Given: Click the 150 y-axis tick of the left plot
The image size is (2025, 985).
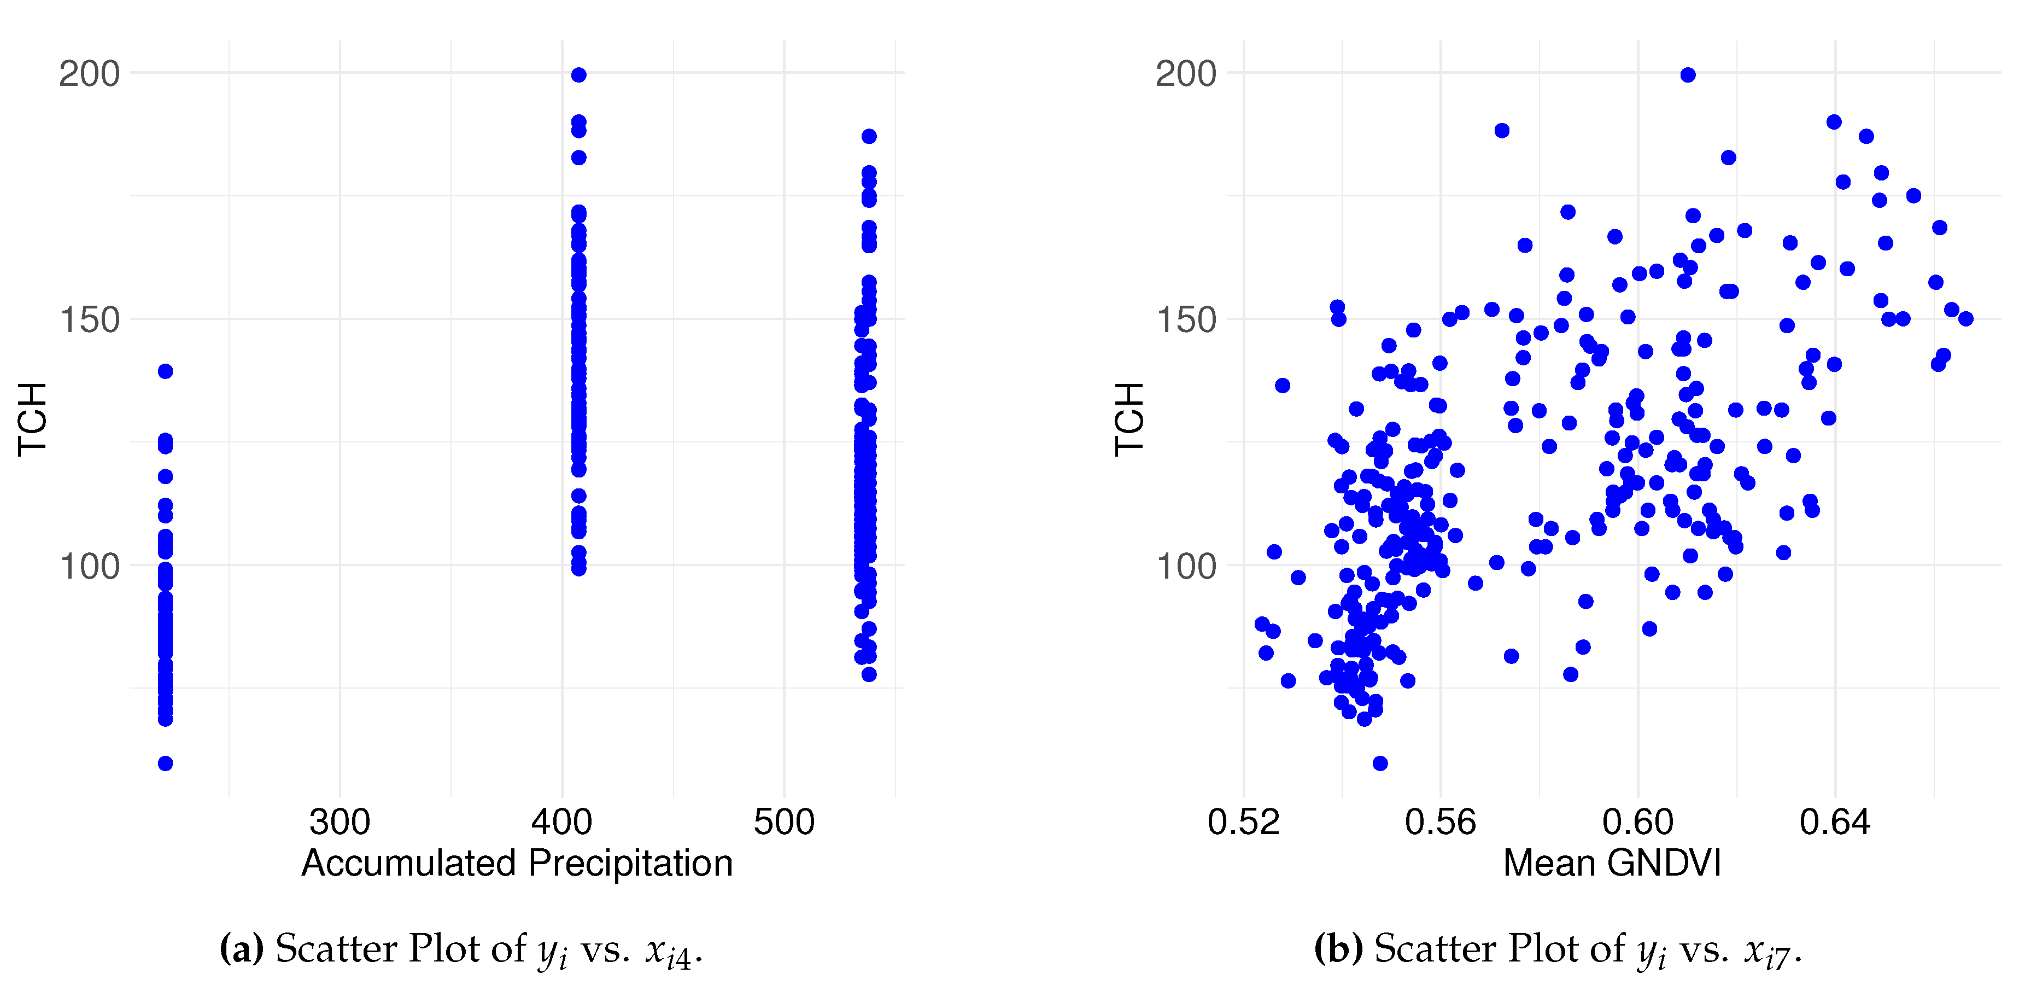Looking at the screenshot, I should point(89,320).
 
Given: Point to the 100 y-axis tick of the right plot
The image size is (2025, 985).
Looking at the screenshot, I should point(1185,566).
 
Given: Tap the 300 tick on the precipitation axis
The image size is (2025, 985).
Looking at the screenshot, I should point(340,822).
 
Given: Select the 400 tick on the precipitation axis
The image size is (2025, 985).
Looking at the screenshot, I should point(561,822).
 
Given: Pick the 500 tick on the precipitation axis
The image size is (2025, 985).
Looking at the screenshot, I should point(784,822).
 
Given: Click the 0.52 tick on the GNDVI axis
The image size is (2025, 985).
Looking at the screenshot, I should point(1244,822).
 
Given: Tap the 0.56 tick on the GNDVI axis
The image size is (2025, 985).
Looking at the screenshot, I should point(1441,822).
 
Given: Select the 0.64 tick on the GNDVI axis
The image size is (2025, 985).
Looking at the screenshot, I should point(1835,822).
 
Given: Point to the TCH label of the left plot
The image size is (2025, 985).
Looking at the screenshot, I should point(33,418).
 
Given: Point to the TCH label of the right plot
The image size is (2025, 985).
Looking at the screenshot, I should point(1129,418).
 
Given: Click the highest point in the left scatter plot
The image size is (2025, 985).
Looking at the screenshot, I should point(578,75).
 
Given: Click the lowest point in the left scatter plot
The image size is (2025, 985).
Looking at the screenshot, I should point(165,763).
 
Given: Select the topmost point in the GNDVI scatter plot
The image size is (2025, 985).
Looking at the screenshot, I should point(1688,75).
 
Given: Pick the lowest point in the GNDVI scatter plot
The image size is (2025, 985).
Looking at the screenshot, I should point(1380,763).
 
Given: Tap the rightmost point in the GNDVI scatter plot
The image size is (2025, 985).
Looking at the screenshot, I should point(1965,318).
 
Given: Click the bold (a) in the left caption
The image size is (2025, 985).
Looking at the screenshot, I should point(241,949).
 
